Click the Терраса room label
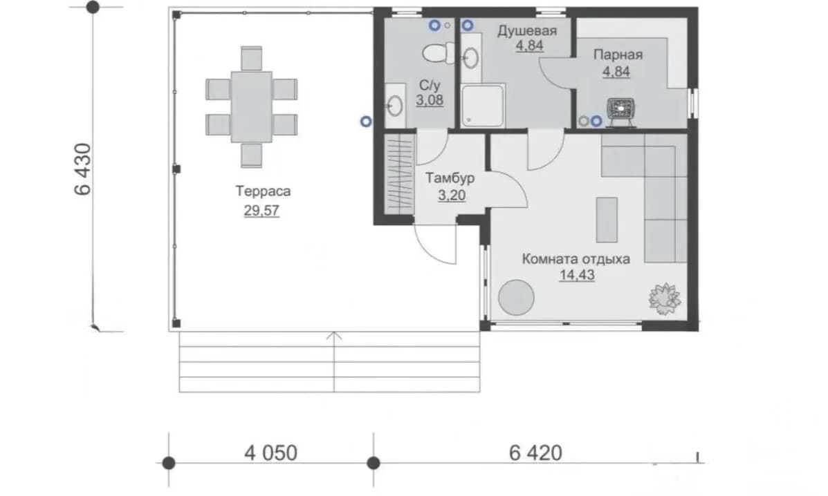262,191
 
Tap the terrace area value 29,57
261,211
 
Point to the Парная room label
618,55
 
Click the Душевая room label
527,31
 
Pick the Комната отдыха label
576,259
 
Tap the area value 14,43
577,275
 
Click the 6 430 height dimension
84,169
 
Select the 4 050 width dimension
270,452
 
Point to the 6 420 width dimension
535,452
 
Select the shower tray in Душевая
483,106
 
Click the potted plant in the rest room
664,299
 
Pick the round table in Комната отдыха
517,298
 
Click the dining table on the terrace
251,107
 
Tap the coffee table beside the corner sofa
607,220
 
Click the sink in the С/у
394,106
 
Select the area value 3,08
430,100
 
